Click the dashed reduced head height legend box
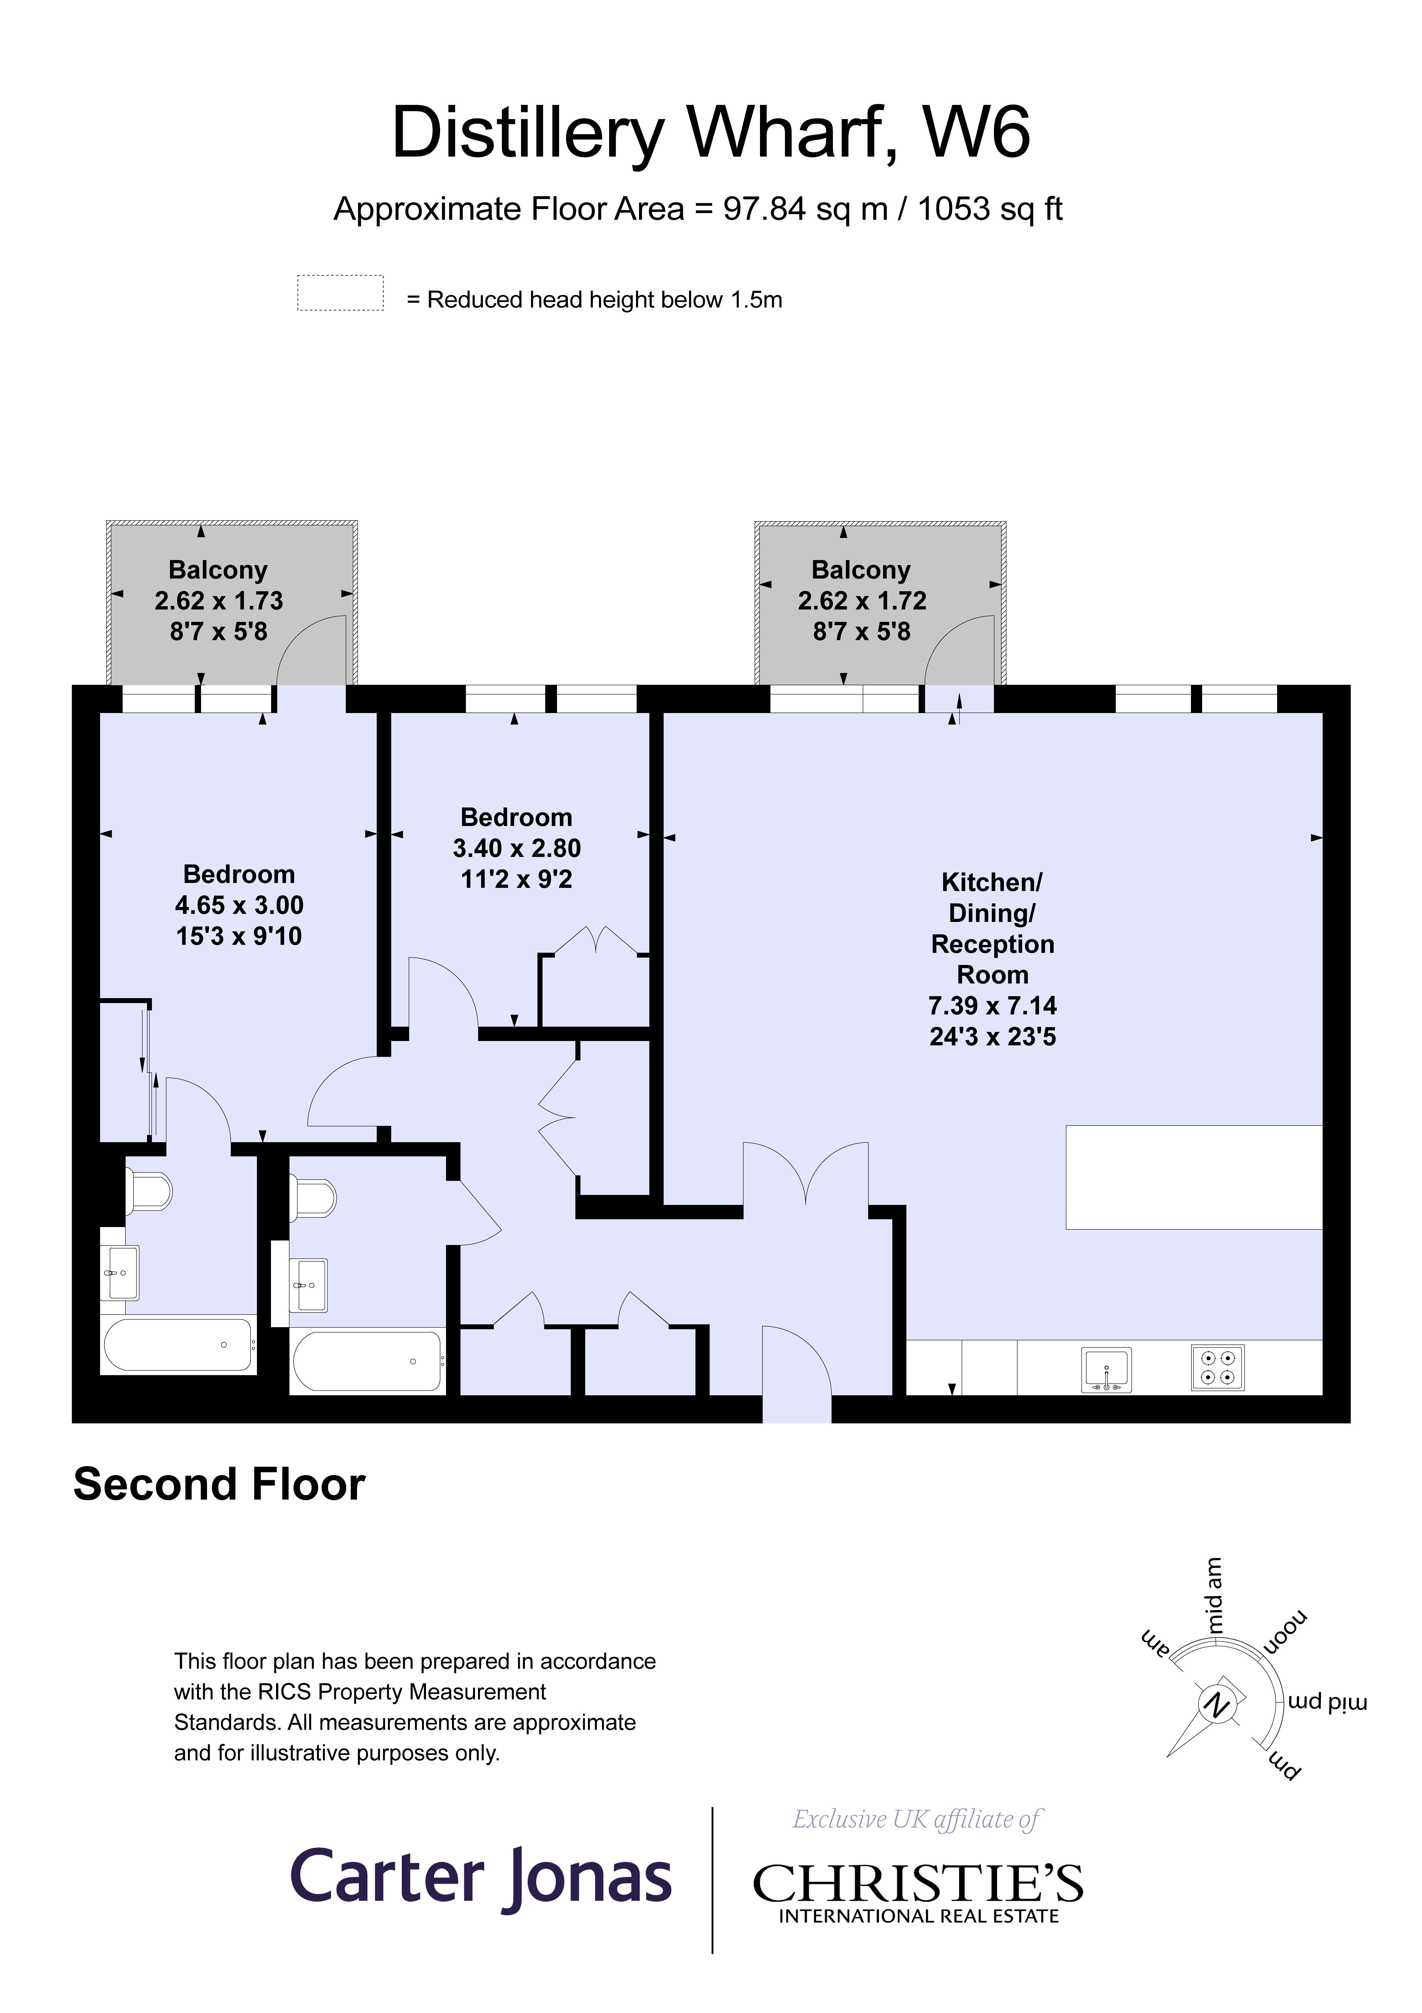click(340, 293)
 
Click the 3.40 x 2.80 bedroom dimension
click(517, 848)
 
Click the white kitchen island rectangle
click(1193, 1177)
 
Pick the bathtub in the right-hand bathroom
click(368, 1361)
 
